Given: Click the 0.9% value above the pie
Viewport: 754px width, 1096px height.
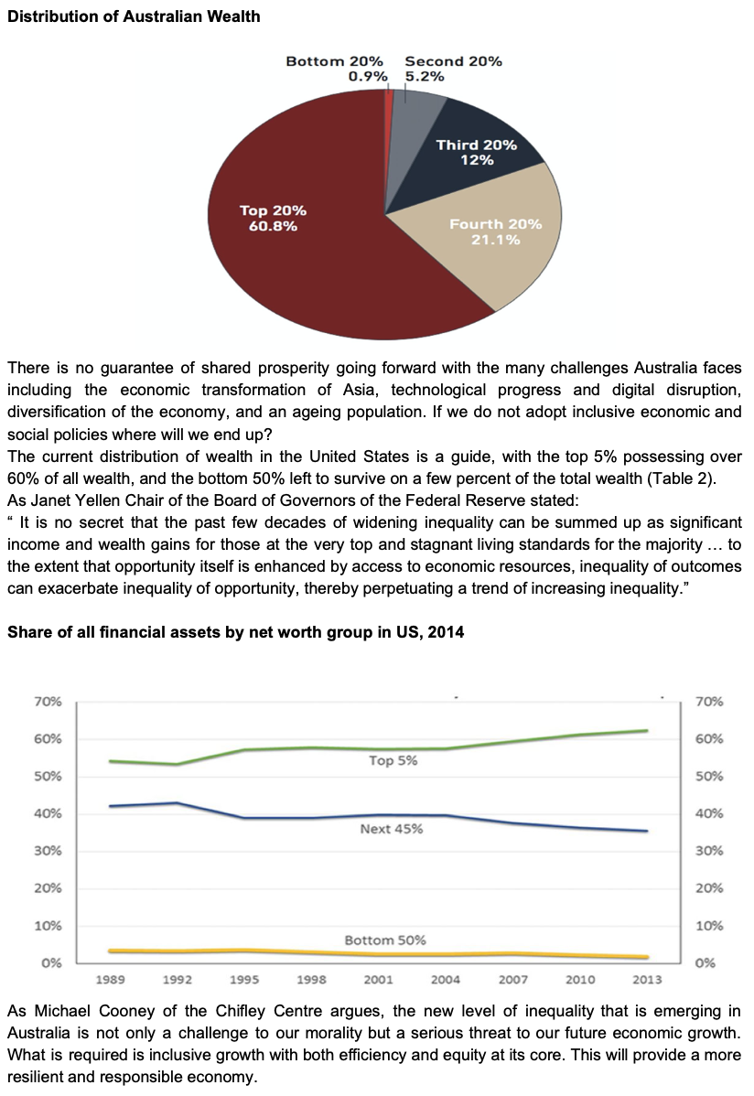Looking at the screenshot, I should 369,77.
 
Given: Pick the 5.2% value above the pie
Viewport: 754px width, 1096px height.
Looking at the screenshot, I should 425,77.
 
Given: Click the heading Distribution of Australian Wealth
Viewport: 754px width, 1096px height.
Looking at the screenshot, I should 134,16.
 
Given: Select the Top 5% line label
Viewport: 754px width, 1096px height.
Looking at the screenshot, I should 393,760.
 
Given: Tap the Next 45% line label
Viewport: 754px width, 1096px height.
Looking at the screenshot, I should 391,829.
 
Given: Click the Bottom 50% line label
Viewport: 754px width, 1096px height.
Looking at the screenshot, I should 384,940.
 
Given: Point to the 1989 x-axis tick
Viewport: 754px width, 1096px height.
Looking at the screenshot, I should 111,979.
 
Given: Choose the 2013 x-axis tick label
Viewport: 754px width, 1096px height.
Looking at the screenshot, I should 647,979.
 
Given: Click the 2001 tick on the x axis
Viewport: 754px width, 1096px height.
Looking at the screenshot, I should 379,979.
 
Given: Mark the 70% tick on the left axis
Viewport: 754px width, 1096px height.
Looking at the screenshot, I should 48,702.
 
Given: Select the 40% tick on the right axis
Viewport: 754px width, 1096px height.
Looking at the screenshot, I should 709,813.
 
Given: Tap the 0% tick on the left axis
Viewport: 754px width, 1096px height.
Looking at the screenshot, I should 51,962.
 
